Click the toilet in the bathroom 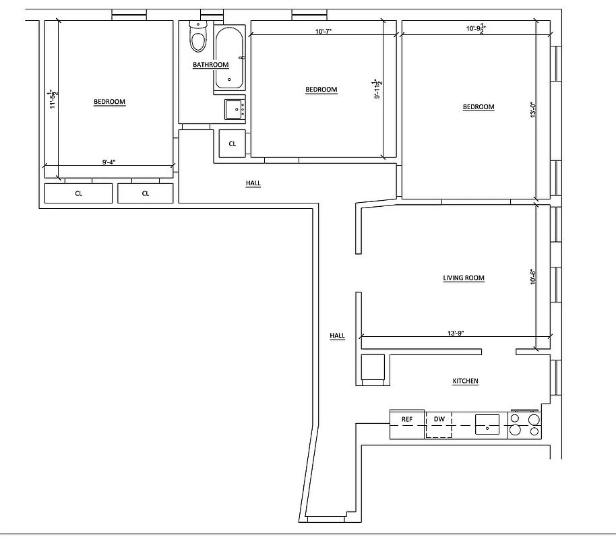[x=197, y=38]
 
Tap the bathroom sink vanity [x=234, y=108]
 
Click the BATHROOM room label [x=210, y=65]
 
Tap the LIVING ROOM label [x=464, y=278]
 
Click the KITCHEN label [x=465, y=381]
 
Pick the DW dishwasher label [x=439, y=420]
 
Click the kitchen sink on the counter [x=487, y=425]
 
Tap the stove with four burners [x=525, y=425]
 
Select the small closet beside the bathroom [x=233, y=144]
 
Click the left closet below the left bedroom [x=78, y=193]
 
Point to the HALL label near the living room [x=337, y=336]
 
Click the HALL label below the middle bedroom [x=253, y=183]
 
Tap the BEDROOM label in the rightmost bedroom [x=479, y=107]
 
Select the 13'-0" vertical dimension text [x=532, y=110]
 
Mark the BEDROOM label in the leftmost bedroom [x=109, y=102]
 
